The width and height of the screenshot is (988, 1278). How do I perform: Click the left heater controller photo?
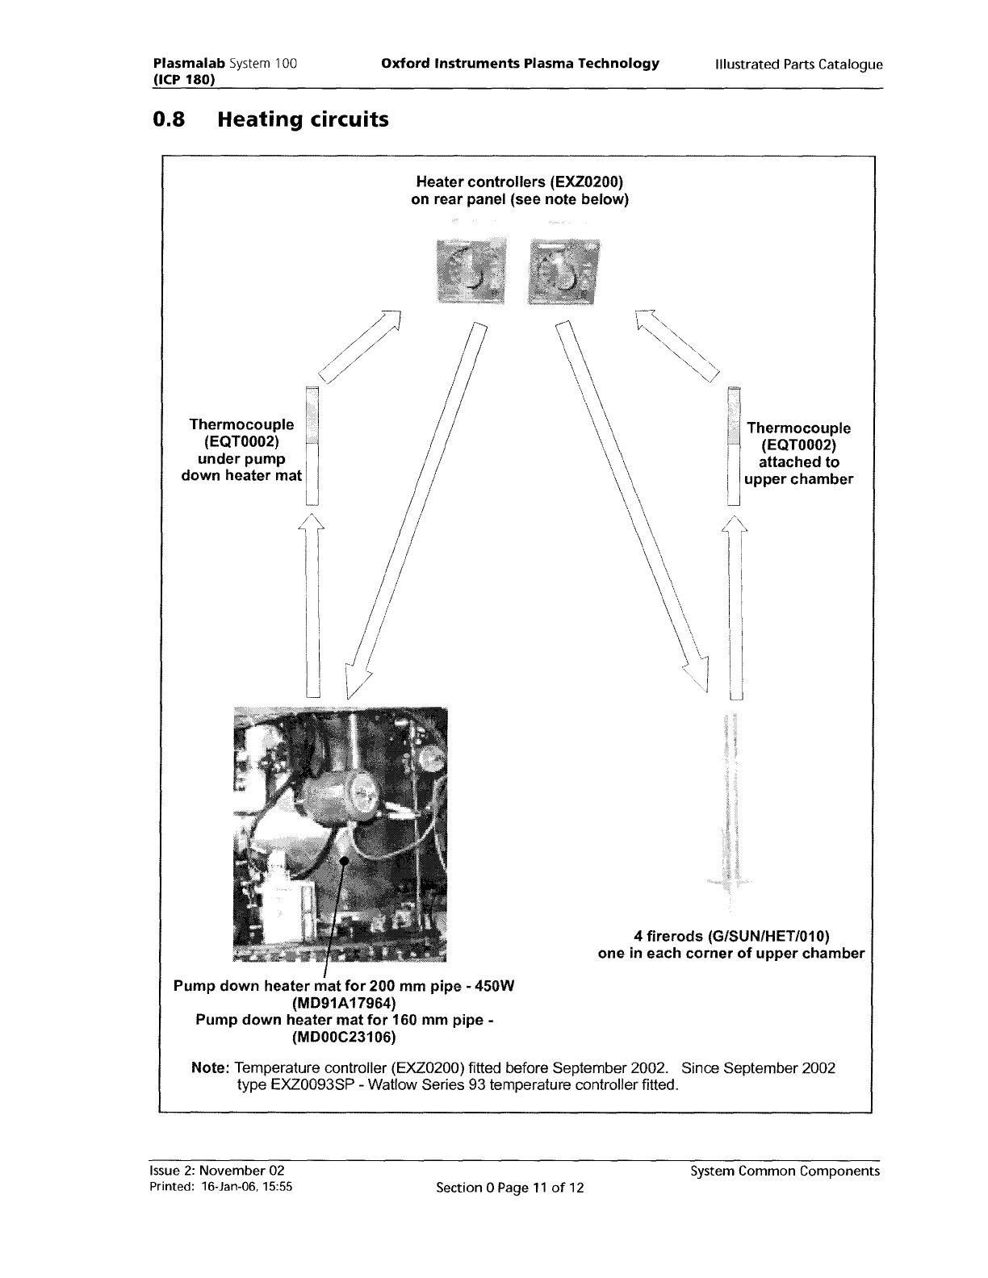[x=470, y=272]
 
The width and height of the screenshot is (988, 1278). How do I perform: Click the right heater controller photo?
[x=562, y=272]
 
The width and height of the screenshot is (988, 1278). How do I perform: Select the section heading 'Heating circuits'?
[x=304, y=120]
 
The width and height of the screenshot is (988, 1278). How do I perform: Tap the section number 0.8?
[x=170, y=120]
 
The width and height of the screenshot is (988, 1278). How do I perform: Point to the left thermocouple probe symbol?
[x=313, y=445]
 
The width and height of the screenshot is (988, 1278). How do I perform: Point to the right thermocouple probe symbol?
[x=734, y=445]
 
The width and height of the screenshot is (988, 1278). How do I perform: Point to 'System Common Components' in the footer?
[x=785, y=1171]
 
